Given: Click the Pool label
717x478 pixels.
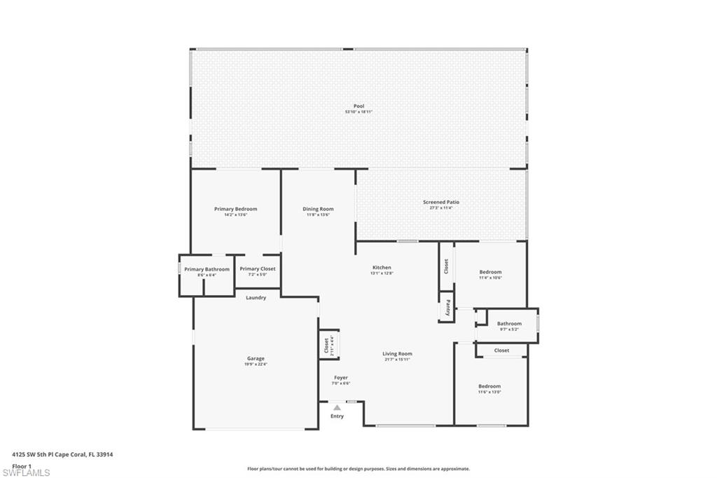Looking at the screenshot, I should (x=358, y=106).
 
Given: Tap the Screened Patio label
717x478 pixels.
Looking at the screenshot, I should (x=441, y=202).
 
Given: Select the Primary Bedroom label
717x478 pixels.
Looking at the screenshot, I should (x=235, y=209).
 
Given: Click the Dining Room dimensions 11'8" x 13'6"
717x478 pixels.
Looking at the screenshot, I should (x=318, y=214).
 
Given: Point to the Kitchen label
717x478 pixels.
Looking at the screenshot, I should (x=382, y=268).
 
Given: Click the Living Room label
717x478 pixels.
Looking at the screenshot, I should (x=397, y=354).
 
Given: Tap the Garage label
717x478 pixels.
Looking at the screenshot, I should (x=256, y=358).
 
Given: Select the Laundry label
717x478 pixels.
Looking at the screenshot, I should (x=256, y=298).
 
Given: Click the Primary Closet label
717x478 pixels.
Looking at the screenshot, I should (x=258, y=269).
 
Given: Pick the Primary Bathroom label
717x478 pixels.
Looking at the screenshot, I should (x=207, y=269).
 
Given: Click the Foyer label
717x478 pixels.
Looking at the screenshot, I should (x=340, y=378).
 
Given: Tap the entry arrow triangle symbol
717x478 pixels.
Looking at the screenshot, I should (x=337, y=407).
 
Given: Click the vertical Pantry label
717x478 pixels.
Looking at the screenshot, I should (x=447, y=308).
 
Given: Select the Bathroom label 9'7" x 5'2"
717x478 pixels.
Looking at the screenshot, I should (x=509, y=324).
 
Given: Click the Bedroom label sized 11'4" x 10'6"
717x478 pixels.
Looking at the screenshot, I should (x=490, y=272).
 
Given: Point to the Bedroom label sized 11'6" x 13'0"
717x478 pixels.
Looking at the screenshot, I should (x=489, y=386).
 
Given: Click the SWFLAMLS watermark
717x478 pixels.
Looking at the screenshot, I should (x=26, y=472).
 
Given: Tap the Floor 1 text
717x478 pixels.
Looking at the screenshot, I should (x=22, y=465).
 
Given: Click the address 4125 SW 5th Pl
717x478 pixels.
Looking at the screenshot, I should (x=62, y=454).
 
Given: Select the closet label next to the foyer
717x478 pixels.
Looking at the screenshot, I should (x=326, y=345).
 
